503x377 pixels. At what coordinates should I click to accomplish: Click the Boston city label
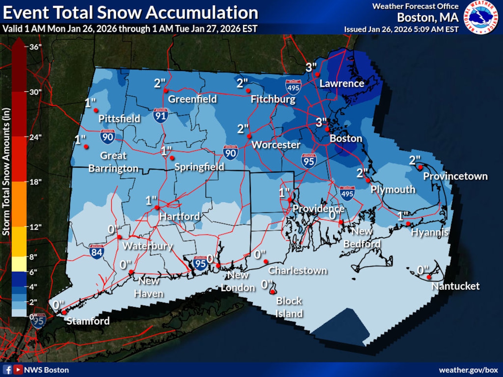click(x=345, y=138)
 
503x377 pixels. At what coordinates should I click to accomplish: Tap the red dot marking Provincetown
click(x=420, y=167)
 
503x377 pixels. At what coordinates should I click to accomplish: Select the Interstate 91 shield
click(x=160, y=115)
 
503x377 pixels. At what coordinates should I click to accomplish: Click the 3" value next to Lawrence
click(x=311, y=67)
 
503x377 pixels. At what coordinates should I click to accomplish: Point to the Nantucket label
click(x=455, y=286)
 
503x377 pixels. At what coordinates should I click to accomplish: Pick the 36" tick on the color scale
click(x=35, y=47)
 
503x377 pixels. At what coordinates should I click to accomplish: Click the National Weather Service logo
click(x=480, y=17)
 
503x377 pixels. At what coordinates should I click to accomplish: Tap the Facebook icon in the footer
click(x=7, y=370)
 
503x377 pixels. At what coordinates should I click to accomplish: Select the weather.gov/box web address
click(x=468, y=370)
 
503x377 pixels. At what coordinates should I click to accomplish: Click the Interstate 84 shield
click(x=97, y=251)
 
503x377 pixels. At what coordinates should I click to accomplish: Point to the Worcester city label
click(x=276, y=145)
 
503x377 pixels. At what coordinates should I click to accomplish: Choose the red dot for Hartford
click(x=157, y=207)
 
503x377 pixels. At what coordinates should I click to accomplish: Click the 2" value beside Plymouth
click(x=362, y=173)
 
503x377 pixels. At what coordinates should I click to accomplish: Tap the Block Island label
click(x=289, y=307)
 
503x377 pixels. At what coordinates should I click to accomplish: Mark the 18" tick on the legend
click(x=35, y=182)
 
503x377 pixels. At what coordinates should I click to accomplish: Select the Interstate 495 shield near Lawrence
click(x=293, y=87)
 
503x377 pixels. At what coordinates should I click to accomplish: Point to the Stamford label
click(x=88, y=321)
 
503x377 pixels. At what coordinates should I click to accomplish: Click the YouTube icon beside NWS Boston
click(x=18, y=370)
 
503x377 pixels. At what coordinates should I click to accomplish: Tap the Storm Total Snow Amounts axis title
click(x=6, y=172)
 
